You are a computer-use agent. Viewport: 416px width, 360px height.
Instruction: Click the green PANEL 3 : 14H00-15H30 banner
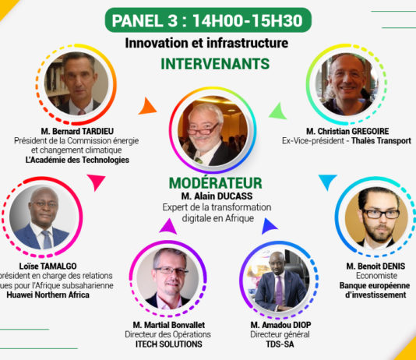pos(208,20)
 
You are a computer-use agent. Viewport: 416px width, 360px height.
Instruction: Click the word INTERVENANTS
pos(215,64)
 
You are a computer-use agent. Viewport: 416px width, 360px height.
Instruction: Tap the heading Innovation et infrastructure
pos(206,43)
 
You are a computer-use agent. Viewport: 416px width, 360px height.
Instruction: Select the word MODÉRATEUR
pos(216,183)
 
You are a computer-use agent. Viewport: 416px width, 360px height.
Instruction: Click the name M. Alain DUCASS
pos(217,196)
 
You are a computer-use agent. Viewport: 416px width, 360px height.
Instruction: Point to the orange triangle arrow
pos(147,107)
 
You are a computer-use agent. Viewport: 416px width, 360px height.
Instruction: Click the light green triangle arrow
pos(277,111)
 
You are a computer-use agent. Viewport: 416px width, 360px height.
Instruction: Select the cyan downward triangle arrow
pos(328,182)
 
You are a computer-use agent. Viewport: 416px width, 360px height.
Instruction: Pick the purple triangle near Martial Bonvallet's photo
pos(168,227)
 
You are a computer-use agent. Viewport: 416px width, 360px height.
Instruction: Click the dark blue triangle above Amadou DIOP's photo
pos(269,226)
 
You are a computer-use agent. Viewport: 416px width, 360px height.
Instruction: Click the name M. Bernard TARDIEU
pos(77,132)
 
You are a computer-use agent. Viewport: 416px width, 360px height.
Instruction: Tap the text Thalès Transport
pos(381,141)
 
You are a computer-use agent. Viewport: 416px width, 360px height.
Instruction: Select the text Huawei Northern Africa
pos(48,295)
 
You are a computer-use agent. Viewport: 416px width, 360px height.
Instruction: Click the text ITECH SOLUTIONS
pos(169,344)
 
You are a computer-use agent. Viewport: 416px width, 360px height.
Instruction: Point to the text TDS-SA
pos(280,344)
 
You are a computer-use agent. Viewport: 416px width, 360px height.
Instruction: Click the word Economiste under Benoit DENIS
pos(376,276)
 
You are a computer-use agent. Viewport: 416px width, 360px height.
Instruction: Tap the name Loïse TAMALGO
pos(48,266)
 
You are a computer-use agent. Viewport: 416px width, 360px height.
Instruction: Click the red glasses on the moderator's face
pos(203,129)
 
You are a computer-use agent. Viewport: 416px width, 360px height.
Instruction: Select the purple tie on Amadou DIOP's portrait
pos(279,290)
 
